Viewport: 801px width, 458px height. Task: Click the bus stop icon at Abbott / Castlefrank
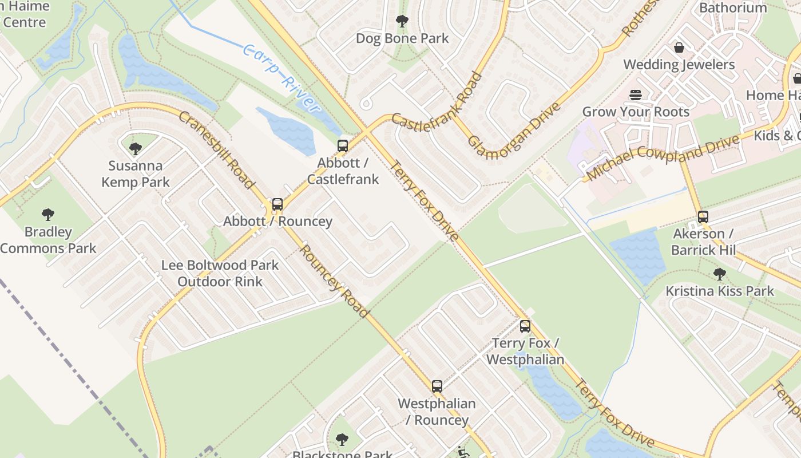(343, 146)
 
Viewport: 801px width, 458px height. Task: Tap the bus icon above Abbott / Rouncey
(277, 204)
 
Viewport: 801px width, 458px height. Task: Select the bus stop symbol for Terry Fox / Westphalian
(525, 327)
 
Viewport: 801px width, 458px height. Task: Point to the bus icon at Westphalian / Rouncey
(437, 386)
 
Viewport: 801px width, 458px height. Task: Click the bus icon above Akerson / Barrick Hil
(703, 217)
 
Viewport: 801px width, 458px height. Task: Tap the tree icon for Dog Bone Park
(402, 22)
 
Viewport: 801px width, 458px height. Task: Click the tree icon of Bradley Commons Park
(48, 215)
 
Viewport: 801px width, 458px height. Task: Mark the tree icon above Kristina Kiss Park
(720, 274)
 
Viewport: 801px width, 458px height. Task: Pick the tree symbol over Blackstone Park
(342, 440)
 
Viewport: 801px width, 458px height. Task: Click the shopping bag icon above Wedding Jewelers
(679, 48)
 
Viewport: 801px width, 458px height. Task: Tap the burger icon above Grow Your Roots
(636, 94)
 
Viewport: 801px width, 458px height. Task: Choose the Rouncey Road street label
(334, 281)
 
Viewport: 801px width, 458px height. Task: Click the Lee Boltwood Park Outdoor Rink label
(220, 273)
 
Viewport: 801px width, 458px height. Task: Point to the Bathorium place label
(733, 7)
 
